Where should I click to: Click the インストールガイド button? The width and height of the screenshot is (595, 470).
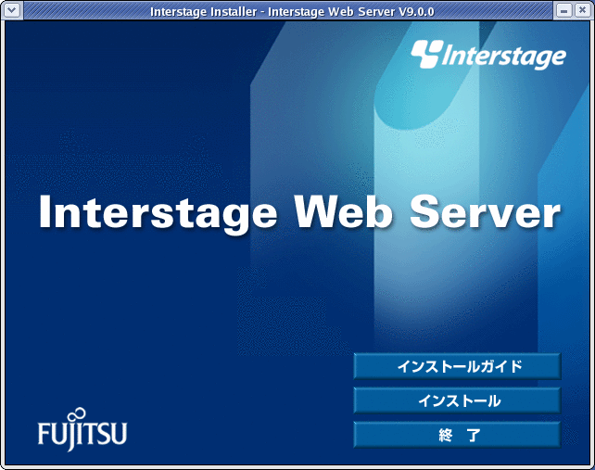pyautogui.click(x=457, y=366)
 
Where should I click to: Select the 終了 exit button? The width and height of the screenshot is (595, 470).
pyautogui.click(x=457, y=435)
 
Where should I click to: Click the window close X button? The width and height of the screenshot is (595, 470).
pyautogui.click(x=582, y=10)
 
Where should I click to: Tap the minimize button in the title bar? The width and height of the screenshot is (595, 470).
pyautogui.click(x=563, y=10)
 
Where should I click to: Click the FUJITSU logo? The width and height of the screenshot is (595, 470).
pyautogui.click(x=82, y=430)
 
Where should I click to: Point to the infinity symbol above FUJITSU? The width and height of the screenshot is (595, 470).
pyautogui.click(x=79, y=413)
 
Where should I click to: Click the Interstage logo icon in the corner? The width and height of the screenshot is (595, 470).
pyautogui.click(x=427, y=54)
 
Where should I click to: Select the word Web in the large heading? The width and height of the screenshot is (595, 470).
pyautogui.click(x=343, y=212)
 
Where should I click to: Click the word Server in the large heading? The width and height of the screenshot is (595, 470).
pyautogui.click(x=485, y=212)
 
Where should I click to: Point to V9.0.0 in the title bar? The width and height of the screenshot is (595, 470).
pyautogui.click(x=416, y=12)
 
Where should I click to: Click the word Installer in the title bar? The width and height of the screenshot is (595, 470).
pyautogui.click(x=234, y=12)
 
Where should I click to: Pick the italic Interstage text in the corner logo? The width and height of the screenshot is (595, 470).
pyautogui.click(x=503, y=57)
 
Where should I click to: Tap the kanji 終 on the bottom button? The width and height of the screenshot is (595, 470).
pyautogui.click(x=446, y=435)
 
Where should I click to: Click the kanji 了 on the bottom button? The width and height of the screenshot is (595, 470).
pyautogui.click(x=474, y=435)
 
